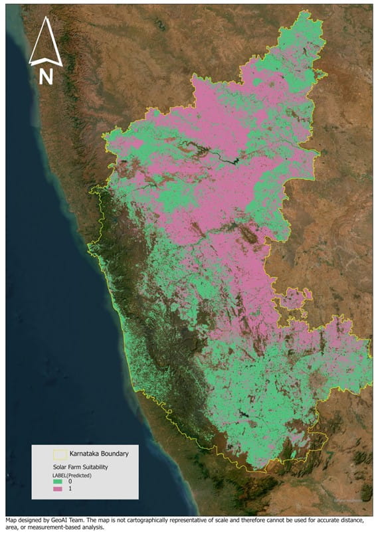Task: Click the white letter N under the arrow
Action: click(x=46, y=76)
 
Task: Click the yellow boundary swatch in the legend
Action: click(x=60, y=454)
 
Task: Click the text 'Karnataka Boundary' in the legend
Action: click(x=99, y=454)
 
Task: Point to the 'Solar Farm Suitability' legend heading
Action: click(x=82, y=468)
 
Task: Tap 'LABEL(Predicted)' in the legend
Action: click(x=72, y=476)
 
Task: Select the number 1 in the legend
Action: click(x=68, y=490)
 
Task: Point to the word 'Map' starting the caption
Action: click(x=11, y=520)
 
